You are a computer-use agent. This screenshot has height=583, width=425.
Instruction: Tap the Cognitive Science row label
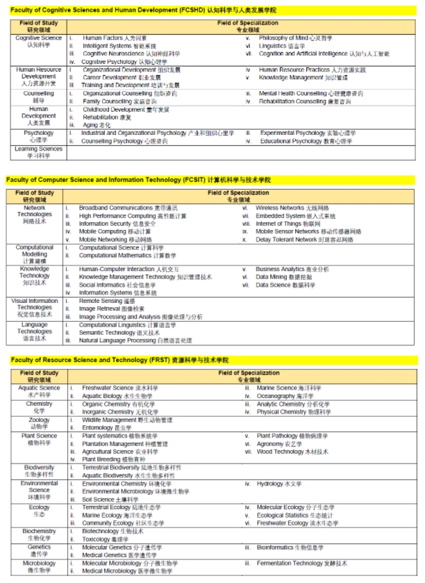pos(39,42)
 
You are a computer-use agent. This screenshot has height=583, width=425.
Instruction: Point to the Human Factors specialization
pos(115,38)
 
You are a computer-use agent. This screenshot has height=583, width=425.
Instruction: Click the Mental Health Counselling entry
pos(310,93)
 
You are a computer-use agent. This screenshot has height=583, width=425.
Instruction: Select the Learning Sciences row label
pos(39,152)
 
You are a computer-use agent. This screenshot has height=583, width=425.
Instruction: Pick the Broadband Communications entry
pos(128,208)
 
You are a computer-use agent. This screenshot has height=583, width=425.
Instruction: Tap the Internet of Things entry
pos(288,224)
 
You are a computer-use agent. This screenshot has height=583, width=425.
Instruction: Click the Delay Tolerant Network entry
pos(304,240)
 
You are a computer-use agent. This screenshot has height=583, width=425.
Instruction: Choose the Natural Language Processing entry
pos(135,340)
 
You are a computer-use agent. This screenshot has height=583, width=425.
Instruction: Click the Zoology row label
pos(39,424)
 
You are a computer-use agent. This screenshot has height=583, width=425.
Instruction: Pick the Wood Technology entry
pos(292,452)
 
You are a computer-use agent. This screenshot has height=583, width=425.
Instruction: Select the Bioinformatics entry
pos(290,548)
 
